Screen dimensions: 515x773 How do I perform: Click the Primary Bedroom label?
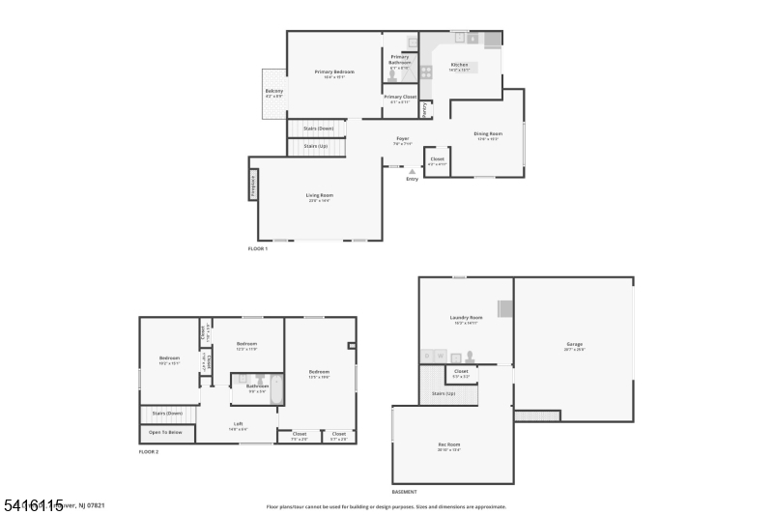334,72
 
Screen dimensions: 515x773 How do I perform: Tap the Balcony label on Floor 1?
274,91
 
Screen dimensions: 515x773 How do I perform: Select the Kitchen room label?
459,65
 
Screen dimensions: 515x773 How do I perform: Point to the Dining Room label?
488,133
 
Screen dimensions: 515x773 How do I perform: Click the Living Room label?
319,195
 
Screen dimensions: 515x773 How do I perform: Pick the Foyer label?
402,138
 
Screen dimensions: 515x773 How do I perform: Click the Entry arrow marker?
413,172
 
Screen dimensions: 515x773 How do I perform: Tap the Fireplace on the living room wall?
253,185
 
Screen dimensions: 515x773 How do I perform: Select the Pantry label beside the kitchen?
424,109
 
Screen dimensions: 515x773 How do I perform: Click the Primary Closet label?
399,97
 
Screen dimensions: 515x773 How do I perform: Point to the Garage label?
575,344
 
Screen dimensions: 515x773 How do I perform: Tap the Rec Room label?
449,444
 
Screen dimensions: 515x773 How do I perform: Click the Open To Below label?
165,432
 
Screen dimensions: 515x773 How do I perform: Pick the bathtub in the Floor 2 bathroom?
272,390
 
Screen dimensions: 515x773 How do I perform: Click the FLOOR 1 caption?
258,248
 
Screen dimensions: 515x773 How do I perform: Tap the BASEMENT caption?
405,491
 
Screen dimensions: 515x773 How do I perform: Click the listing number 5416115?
33,504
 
